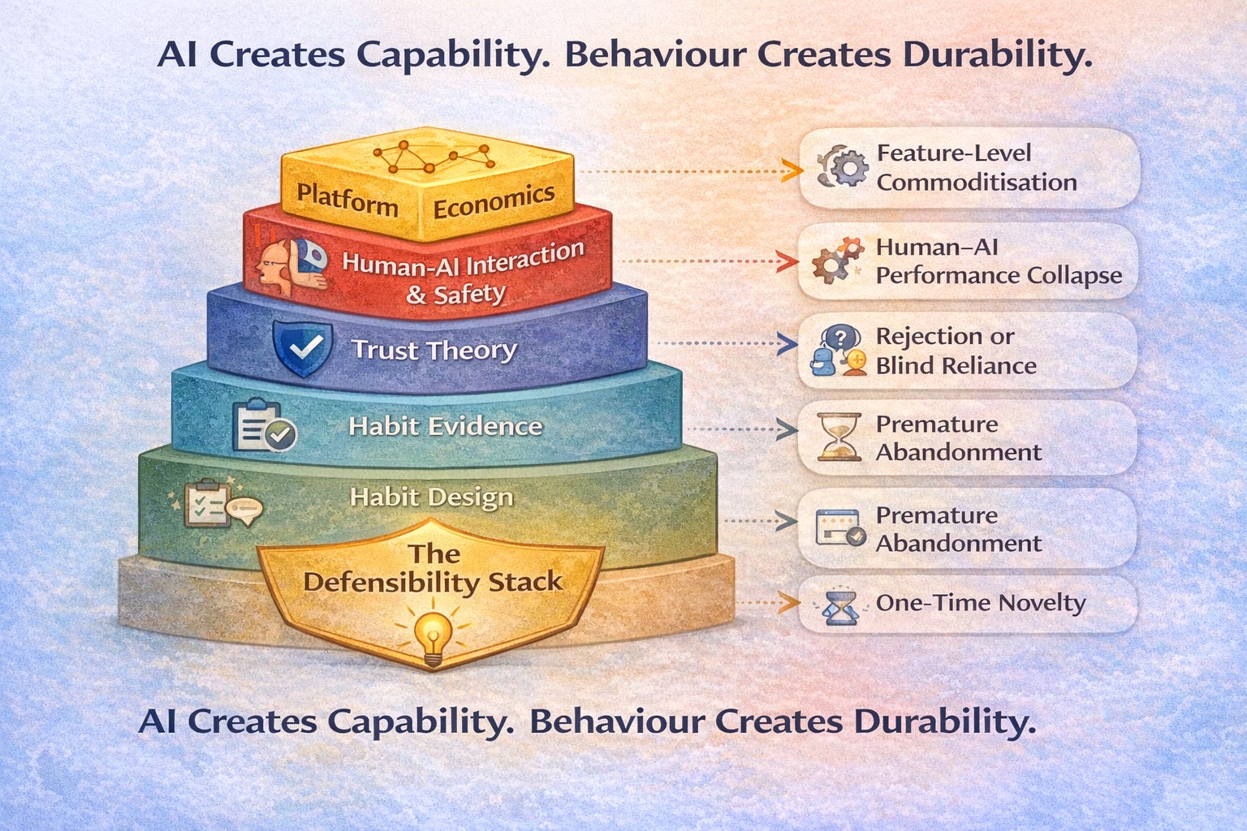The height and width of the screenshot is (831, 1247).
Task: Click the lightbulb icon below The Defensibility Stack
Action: click(433, 637)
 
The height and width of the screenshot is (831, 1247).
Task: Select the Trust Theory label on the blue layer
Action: click(434, 350)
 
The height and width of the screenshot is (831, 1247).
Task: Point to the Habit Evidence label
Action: click(445, 426)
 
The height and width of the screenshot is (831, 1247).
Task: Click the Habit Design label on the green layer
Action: click(431, 497)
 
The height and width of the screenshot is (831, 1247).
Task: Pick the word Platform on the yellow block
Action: click(347, 199)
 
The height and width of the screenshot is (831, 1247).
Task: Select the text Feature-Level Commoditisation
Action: click(976, 167)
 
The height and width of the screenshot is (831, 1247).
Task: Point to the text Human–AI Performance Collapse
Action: click(998, 261)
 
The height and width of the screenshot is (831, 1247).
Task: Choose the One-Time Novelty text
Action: click(980, 603)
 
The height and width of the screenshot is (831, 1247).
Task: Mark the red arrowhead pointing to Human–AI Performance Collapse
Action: click(785, 261)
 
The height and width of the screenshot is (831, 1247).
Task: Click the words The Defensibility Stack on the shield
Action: click(432, 568)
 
